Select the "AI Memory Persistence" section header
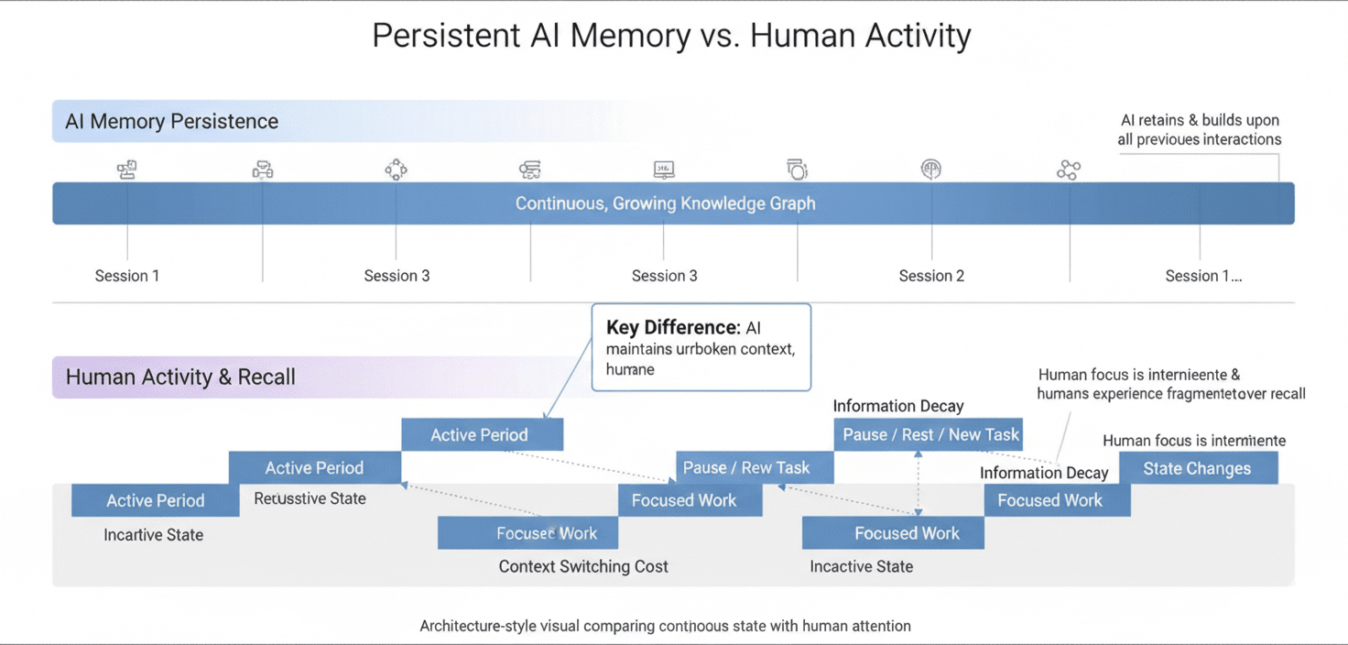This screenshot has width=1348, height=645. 171,122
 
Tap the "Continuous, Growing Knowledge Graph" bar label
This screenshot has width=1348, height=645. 665,203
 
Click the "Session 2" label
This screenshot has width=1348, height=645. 930,276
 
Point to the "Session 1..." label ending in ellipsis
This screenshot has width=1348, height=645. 1202,276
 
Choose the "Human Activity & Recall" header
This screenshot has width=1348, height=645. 180,377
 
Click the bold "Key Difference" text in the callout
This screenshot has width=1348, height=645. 672,328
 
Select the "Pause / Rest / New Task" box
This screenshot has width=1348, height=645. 928,434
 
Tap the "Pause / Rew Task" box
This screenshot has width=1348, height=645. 745,467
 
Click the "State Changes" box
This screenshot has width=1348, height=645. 1196,468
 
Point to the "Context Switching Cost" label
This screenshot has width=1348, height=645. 583,566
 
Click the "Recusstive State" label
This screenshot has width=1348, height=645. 310,498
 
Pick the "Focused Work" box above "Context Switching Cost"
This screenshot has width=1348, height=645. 546,533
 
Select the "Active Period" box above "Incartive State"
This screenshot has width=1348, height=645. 155,500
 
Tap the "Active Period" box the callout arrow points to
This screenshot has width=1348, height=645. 479,434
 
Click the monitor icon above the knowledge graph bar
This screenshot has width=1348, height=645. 664,169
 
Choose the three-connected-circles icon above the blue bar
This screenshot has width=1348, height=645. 1068,169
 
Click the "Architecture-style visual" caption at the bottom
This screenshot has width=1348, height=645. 665,626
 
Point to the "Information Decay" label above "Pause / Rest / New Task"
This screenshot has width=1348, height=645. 897,406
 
